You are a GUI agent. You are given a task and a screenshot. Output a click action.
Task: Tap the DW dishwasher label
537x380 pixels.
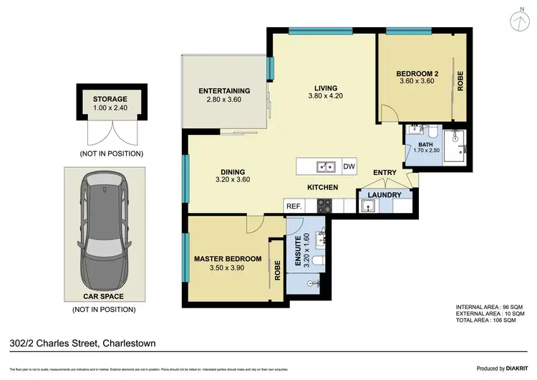click(x=349, y=167)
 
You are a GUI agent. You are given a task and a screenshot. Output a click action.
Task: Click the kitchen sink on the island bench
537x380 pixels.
click(x=326, y=167)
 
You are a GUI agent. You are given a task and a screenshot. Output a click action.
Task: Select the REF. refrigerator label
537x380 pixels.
click(x=293, y=206)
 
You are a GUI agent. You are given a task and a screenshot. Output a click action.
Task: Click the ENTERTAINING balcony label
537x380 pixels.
click(x=224, y=91)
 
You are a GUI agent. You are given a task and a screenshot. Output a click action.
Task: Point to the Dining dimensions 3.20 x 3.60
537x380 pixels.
click(x=234, y=181)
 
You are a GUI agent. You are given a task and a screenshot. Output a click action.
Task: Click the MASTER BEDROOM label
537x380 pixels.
click(x=228, y=259)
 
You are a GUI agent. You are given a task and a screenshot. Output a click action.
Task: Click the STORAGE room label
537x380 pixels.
click(x=110, y=100)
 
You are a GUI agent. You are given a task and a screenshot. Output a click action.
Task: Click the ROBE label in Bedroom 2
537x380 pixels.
click(x=460, y=80)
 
